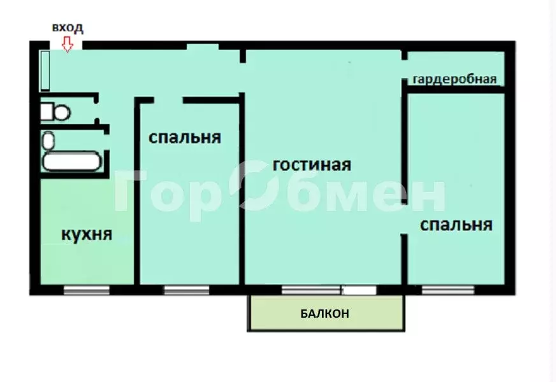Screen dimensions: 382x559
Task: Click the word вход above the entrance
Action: [x=68, y=28]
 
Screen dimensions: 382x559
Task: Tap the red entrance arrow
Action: [x=67, y=43]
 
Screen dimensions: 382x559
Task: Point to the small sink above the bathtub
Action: [x=48, y=139]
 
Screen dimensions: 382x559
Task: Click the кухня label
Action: [x=87, y=234]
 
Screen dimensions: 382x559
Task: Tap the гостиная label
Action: [x=312, y=165]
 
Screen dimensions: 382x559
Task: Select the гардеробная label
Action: [x=454, y=80]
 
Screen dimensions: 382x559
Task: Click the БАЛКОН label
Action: [x=325, y=313]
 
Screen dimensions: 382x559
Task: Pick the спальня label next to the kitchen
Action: [x=185, y=138]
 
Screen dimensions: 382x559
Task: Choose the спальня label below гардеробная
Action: [x=456, y=225]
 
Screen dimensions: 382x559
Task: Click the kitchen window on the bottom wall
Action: [x=87, y=290]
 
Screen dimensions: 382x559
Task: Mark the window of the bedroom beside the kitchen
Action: [x=186, y=290]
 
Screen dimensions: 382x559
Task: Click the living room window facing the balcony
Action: [x=311, y=290]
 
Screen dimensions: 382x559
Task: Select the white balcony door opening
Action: [x=360, y=290]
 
